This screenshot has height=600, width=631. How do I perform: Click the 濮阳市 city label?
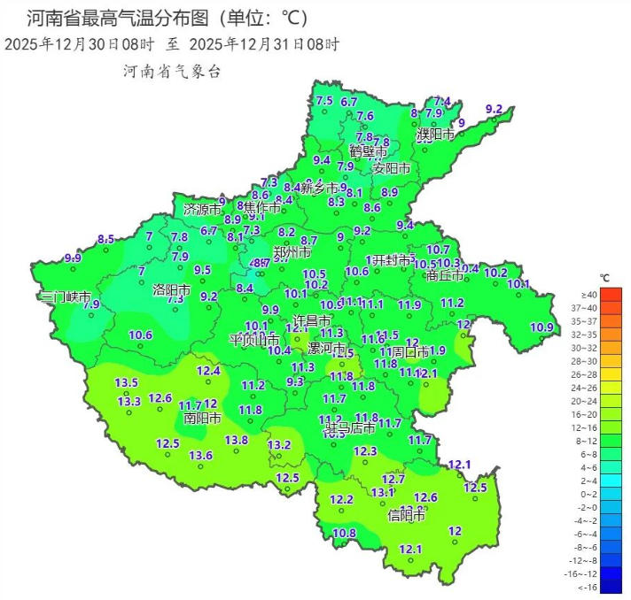pyautogui.click(x=436, y=135)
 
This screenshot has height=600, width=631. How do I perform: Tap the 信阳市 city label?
pyautogui.click(x=407, y=515)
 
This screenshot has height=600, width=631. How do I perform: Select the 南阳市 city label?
pyautogui.click(x=203, y=418)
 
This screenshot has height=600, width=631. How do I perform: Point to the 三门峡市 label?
pyautogui.click(x=65, y=297)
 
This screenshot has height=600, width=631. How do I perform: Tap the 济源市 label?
pyautogui.click(x=202, y=211)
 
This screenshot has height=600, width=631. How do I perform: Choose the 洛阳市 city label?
pyautogui.click(x=173, y=289)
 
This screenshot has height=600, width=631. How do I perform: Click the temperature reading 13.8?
pyautogui.click(x=236, y=440)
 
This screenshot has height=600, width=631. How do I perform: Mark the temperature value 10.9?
pyautogui.click(x=541, y=327)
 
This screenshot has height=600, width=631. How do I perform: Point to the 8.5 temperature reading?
pyautogui.click(x=106, y=239)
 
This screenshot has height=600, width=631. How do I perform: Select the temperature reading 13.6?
pyautogui.click(x=200, y=455)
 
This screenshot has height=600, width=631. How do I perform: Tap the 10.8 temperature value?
pyautogui.click(x=344, y=533)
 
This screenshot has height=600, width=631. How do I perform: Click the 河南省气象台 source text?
pyautogui.click(x=171, y=72)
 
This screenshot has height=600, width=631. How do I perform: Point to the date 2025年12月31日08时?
pyautogui.click(x=264, y=43)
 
